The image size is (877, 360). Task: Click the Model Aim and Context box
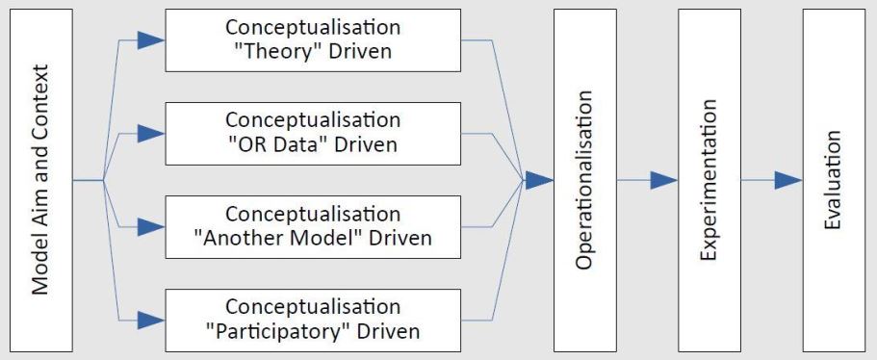click(41, 180)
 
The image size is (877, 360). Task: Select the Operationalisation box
click(584, 180)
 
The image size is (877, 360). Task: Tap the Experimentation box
click(709, 180)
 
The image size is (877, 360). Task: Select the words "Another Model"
click(279, 238)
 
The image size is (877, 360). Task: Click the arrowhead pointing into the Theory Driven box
click(150, 40)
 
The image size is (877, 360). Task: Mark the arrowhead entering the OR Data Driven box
click(150, 134)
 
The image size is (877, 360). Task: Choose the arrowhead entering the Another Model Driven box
click(150, 227)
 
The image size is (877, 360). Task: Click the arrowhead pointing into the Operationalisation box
click(540, 180)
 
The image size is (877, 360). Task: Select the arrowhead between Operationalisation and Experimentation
click(664, 180)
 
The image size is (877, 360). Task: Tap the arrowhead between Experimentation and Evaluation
click(787, 180)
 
